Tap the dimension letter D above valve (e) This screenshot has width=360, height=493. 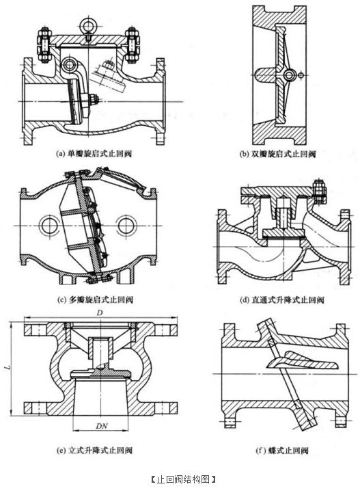point(100,312)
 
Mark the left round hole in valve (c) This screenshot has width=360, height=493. point(51,225)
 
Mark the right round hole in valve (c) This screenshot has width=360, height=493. point(128,225)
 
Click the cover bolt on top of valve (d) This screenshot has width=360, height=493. point(319,186)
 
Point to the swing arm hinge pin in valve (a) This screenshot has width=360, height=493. point(69,66)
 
